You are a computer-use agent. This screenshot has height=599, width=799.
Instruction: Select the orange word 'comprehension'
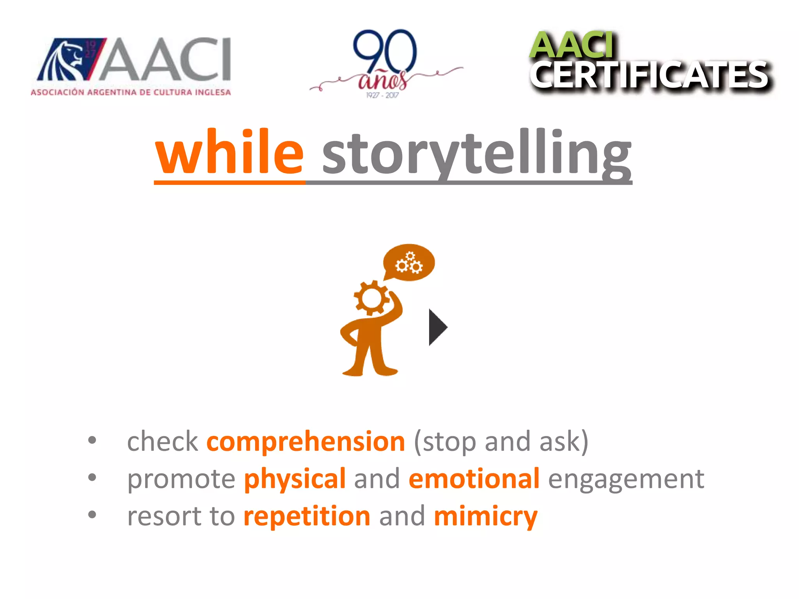(306, 442)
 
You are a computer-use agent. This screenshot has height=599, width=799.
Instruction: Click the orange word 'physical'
(295, 479)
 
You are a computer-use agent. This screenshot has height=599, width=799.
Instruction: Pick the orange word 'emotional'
(474, 478)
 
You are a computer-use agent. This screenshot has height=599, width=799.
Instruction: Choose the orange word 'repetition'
(307, 516)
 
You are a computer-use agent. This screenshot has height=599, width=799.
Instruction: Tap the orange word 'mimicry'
(486, 517)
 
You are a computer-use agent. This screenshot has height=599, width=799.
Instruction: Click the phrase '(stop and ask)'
(501, 442)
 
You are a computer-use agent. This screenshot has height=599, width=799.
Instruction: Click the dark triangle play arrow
(437, 327)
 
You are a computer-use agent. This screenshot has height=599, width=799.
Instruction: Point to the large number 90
(384, 51)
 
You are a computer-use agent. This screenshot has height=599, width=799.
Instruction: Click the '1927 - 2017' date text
(382, 95)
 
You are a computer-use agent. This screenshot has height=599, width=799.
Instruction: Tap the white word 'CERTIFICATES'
(650, 76)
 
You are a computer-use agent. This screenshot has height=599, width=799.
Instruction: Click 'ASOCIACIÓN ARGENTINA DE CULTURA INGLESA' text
(131, 92)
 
